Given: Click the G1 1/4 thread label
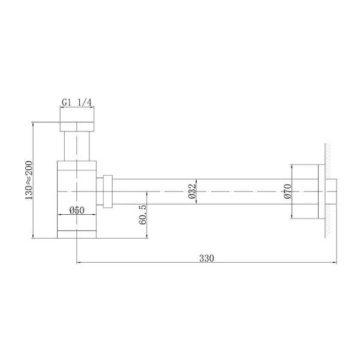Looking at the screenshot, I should pos(77,103).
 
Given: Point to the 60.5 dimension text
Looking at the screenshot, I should pos(142,214).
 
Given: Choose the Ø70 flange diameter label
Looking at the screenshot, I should pos(287,191).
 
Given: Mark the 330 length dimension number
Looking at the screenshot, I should pos(206,258).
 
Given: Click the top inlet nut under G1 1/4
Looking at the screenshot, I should pos(77,127).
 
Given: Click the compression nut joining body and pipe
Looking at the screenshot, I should pos(108,191).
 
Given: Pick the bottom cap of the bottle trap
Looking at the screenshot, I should pos(77,233).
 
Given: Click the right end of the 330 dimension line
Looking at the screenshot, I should pos(335,263).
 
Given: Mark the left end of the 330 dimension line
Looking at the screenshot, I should pos(77,263).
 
